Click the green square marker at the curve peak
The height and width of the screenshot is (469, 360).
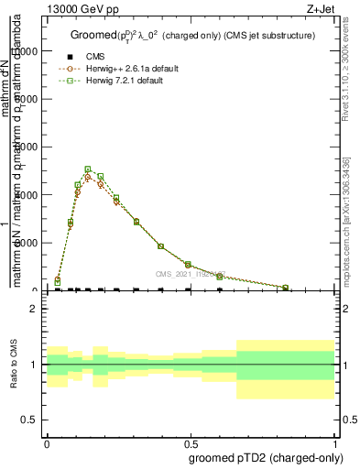(x=88, y=169)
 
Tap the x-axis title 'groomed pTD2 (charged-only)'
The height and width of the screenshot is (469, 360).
(x=263, y=457)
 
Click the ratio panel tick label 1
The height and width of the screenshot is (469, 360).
(x=34, y=365)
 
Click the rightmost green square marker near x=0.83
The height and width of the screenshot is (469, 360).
(x=285, y=288)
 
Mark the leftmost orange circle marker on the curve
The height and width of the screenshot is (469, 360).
(x=57, y=279)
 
